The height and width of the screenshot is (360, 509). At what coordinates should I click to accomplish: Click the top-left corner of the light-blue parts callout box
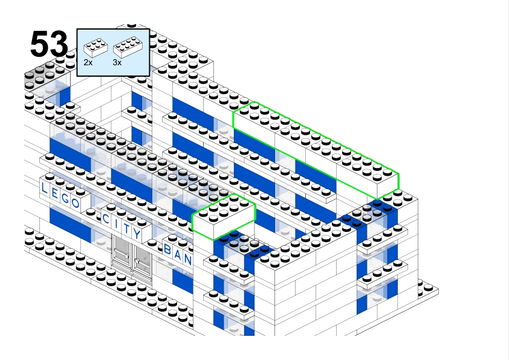click(77, 29)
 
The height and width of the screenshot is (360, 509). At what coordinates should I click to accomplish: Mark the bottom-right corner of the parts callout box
click(150, 76)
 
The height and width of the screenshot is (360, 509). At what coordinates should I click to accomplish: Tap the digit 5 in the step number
click(40, 44)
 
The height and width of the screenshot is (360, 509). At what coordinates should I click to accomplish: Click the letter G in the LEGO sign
click(65, 198)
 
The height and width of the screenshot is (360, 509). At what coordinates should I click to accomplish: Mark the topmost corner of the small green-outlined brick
click(233, 194)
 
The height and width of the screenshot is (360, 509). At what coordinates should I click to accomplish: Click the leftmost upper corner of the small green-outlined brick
click(192, 214)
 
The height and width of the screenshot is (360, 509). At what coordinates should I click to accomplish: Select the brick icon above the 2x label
click(96, 48)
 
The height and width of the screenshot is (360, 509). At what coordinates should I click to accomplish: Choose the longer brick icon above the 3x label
click(128, 47)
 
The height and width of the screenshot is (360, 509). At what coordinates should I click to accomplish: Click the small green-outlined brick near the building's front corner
click(224, 217)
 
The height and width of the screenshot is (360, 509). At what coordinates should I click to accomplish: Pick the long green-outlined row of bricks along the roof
click(316, 150)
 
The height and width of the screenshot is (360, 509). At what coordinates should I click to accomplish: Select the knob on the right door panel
click(137, 261)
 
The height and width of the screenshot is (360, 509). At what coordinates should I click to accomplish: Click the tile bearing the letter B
click(167, 249)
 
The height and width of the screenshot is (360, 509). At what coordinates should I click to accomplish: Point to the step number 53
click(49, 44)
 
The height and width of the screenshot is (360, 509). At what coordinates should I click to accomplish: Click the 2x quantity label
click(88, 62)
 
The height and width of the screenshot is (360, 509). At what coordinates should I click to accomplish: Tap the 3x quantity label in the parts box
click(117, 62)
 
